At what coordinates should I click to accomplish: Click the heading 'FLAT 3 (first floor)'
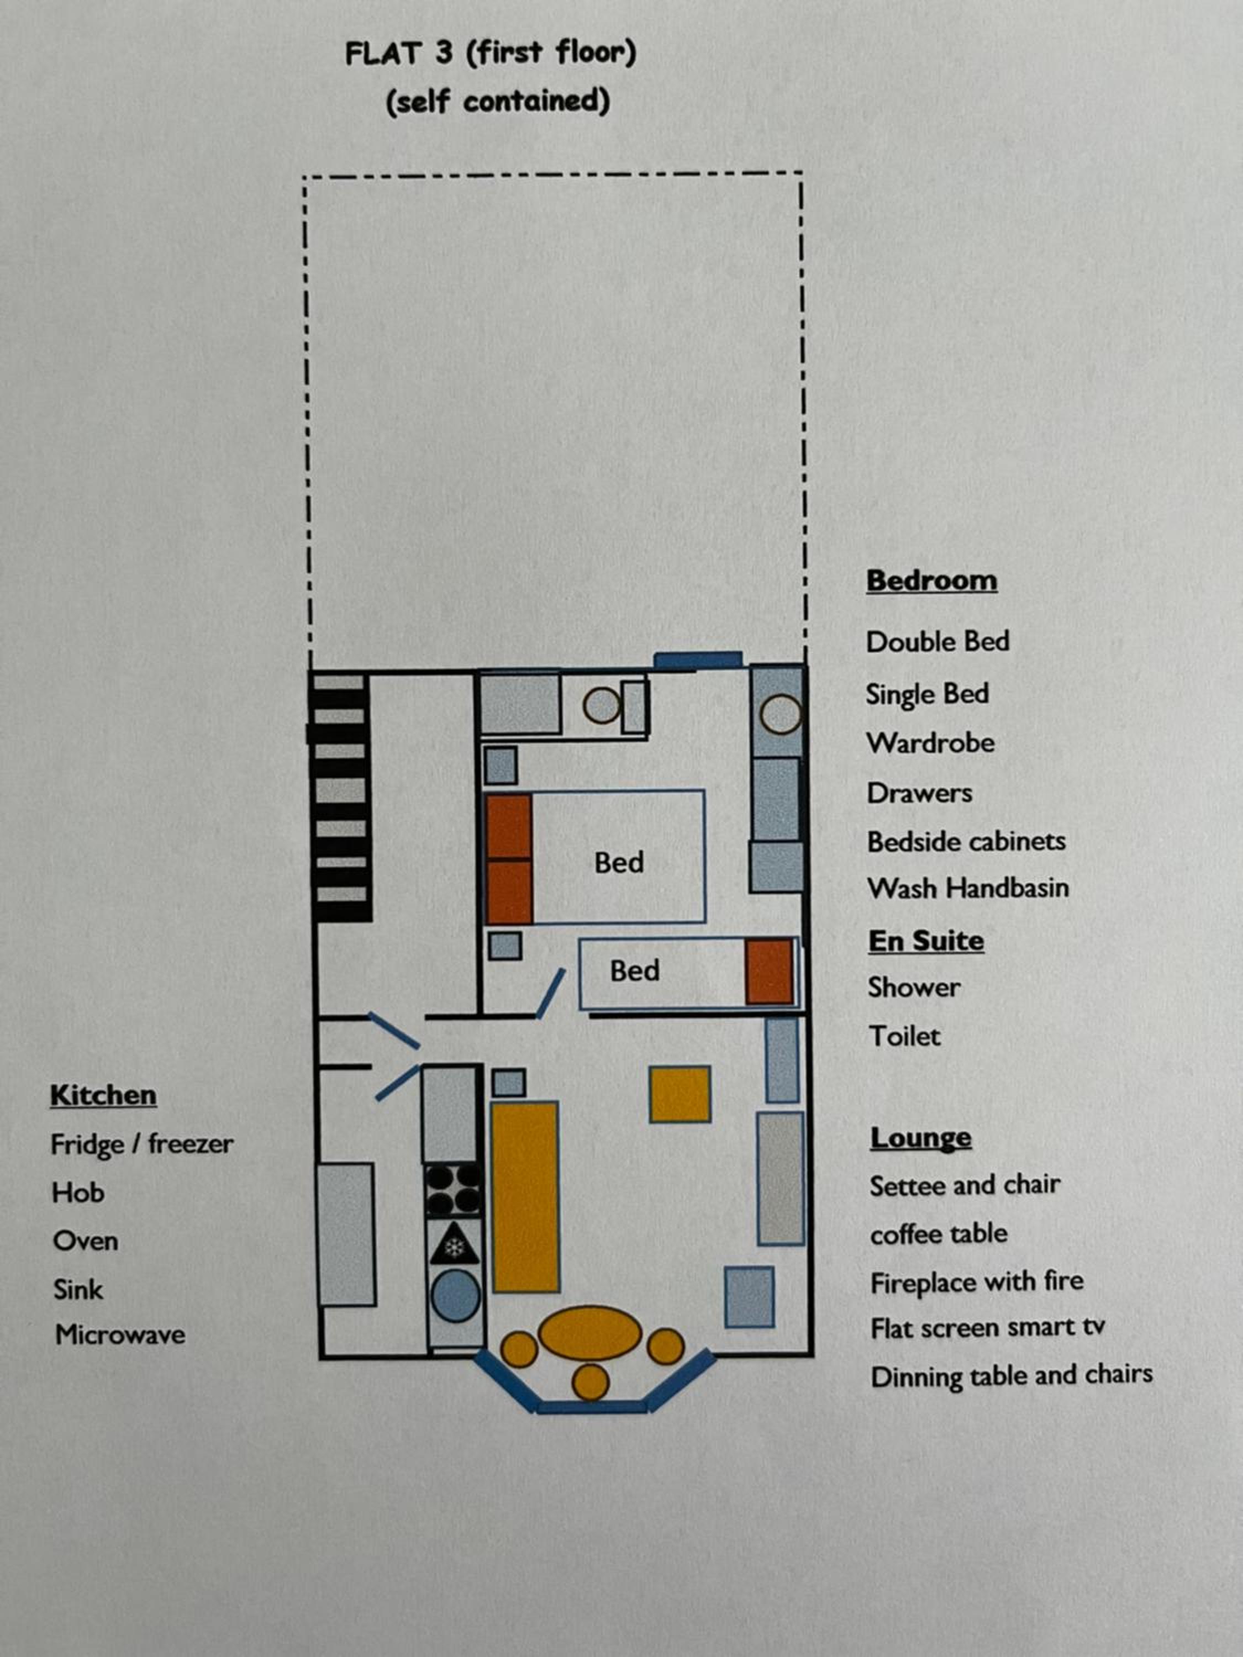pyautogui.click(x=490, y=53)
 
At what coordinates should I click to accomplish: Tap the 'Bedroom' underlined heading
pyautogui.click(x=931, y=581)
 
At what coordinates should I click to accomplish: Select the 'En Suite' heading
pyautogui.click(x=926, y=941)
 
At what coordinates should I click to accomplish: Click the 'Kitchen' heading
pyautogui.click(x=103, y=1095)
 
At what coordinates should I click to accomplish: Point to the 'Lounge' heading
pyautogui.click(x=921, y=1138)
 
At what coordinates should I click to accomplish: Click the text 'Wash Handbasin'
pyautogui.click(x=968, y=888)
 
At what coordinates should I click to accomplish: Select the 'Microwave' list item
pyautogui.click(x=120, y=1334)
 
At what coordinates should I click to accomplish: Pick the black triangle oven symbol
pyautogui.click(x=454, y=1244)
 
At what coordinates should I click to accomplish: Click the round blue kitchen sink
pyautogui.click(x=456, y=1297)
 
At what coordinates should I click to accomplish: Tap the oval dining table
pyautogui.click(x=589, y=1334)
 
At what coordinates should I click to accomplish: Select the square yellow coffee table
pyautogui.click(x=680, y=1094)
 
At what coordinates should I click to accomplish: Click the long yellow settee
pyautogui.click(x=525, y=1196)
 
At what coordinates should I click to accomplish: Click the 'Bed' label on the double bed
pyautogui.click(x=619, y=863)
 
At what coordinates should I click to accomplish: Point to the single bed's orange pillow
pyautogui.click(x=770, y=972)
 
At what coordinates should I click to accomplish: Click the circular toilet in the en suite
pyautogui.click(x=602, y=706)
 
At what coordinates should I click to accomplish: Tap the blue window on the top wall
pyautogui.click(x=698, y=660)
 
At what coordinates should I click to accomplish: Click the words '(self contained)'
pyautogui.click(x=498, y=102)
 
